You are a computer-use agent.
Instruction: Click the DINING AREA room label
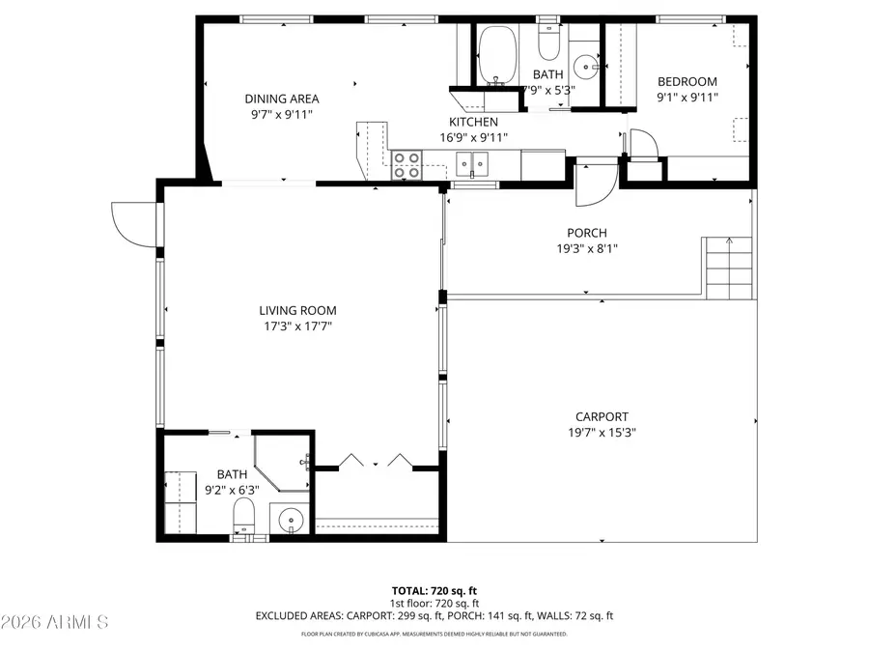(x=281, y=99)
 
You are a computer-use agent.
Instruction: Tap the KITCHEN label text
(x=473, y=122)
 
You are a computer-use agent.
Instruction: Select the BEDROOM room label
(x=687, y=82)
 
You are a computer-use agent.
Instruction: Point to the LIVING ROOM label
(x=297, y=310)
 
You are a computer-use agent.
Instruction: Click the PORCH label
(x=586, y=233)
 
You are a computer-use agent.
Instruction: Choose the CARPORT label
(x=602, y=417)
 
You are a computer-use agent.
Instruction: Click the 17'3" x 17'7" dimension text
(x=297, y=326)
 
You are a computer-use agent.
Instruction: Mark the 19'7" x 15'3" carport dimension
(x=602, y=433)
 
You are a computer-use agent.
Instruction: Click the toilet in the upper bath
(x=548, y=43)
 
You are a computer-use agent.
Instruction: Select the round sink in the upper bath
(x=585, y=67)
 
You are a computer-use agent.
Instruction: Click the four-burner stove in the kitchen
(x=406, y=165)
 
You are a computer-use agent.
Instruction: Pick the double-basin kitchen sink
(x=473, y=165)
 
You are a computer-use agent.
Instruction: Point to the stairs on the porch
(x=727, y=269)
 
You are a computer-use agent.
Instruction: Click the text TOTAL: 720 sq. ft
(x=434, y=590)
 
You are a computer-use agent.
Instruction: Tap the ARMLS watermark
(x=55, y=620)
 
